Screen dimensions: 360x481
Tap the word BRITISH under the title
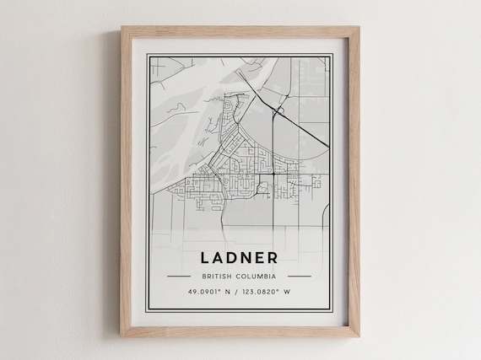219,276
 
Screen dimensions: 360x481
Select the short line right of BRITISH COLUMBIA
300,276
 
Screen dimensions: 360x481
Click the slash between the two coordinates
240,292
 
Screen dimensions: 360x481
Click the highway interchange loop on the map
278,110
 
